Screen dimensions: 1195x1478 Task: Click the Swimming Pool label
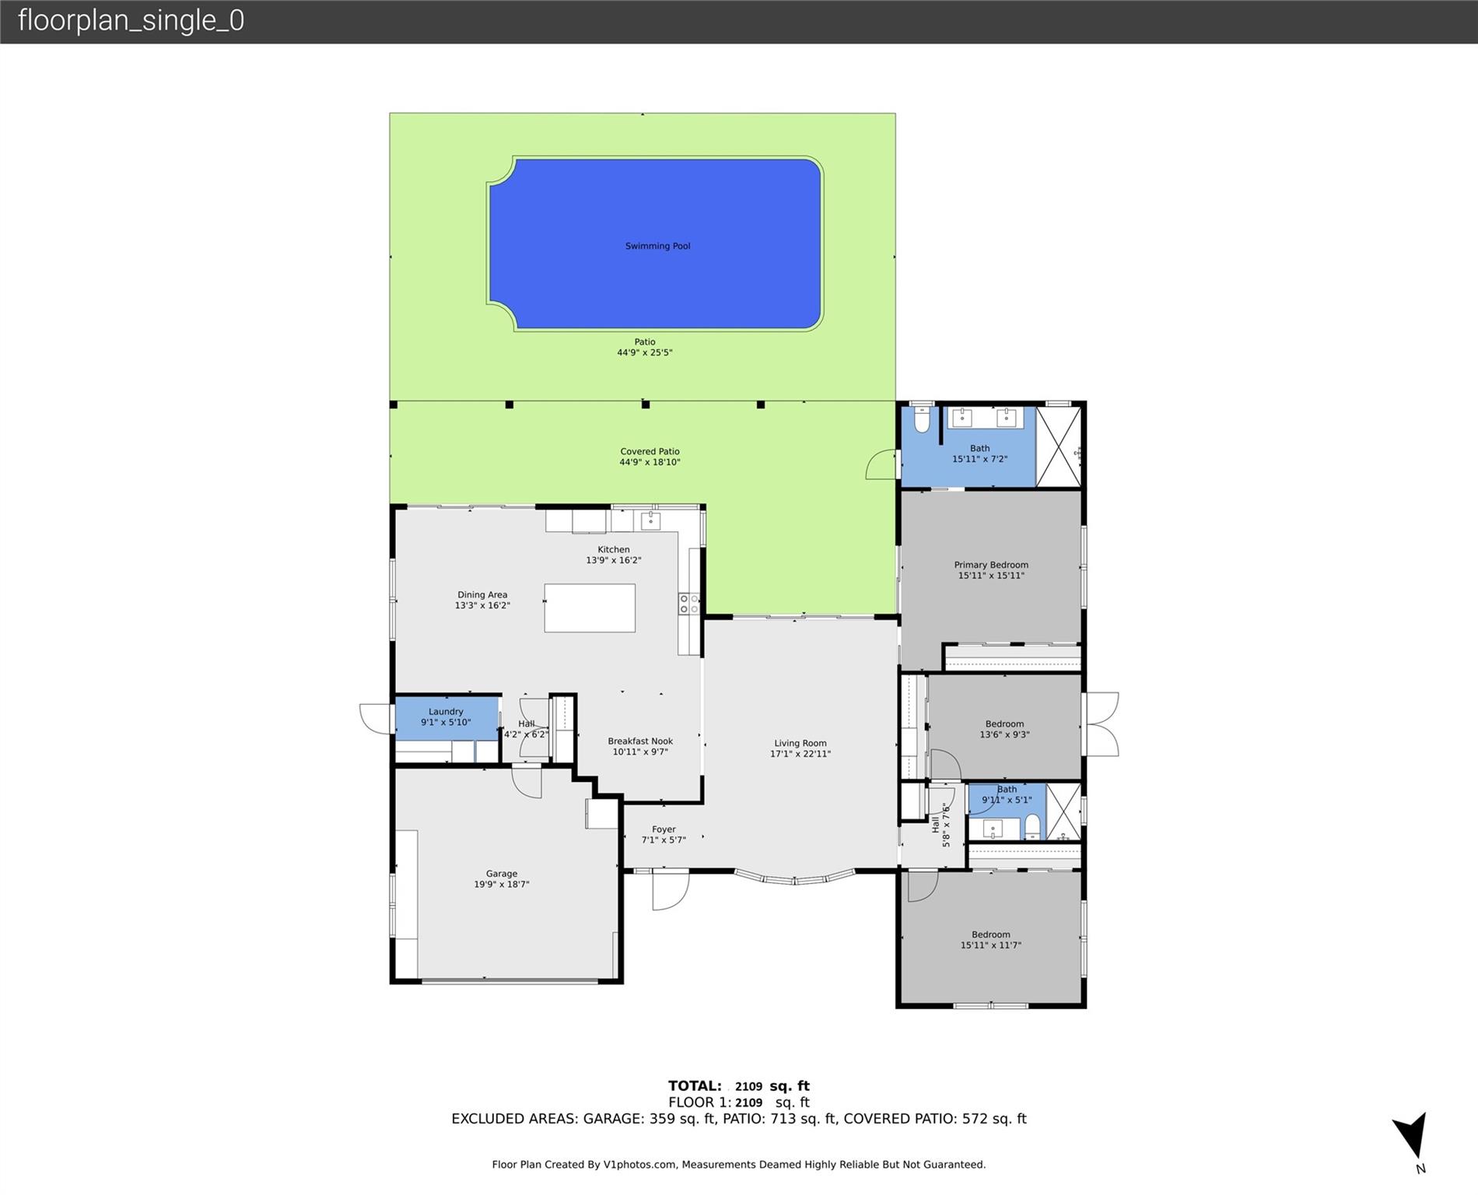pos(657,246)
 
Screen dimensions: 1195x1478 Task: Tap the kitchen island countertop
pos(590,608)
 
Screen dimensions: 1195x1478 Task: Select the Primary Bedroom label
pos(991,565)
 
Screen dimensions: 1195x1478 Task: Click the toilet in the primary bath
pos(922,420)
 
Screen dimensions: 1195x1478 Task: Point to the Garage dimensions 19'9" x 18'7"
pos(502,885)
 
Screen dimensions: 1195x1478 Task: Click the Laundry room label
pos(446,711)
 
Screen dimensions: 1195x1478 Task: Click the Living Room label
pos(800,743)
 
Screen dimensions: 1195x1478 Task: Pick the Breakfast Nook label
pos(640,741)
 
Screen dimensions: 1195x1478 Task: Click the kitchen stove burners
pos(688,604)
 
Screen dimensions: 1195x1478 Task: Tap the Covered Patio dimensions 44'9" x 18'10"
pos(650,462)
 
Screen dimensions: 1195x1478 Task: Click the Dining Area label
pos(482,594)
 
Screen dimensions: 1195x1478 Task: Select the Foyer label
pos(664,829)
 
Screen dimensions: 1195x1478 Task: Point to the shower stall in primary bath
pos(1059,447)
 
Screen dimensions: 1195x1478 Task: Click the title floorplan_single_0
pos(131,20)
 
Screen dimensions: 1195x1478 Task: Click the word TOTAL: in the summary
pos(695,1085)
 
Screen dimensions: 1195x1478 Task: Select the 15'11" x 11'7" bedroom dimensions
pos(990,945)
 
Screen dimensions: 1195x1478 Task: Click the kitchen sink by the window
pos(650,520)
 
